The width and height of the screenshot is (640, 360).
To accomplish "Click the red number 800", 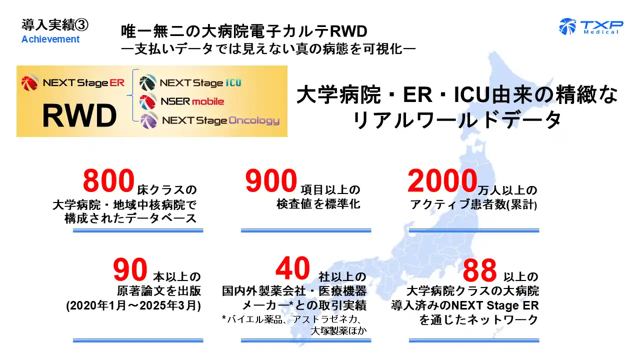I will [x=109, y=181].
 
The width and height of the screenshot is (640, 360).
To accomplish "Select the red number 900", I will [x=271, y=181].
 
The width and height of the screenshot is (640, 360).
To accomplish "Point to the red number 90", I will [x=130, y=270].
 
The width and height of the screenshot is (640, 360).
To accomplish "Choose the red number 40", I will [x=293, y=269].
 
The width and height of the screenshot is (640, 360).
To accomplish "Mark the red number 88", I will [x=479, y=270].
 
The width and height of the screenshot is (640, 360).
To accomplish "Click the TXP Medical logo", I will [x=591, y=26].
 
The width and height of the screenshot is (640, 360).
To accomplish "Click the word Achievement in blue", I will [x=50, y=39].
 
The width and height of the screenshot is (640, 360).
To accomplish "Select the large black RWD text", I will [x=79, y=116].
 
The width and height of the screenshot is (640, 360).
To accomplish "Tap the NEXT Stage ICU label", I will [x=200, y=82].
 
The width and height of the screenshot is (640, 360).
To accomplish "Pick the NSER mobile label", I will [x=192, y=101].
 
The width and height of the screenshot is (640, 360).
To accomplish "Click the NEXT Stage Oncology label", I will [x=220, y=120].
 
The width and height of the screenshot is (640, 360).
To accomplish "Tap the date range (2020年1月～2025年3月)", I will [x=133, y=306].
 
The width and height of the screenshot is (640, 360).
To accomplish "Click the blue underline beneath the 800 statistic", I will [x=138, y=230].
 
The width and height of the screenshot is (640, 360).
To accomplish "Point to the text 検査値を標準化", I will [x=318, y=204].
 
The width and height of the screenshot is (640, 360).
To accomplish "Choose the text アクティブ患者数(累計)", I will [x=473, y=204].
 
